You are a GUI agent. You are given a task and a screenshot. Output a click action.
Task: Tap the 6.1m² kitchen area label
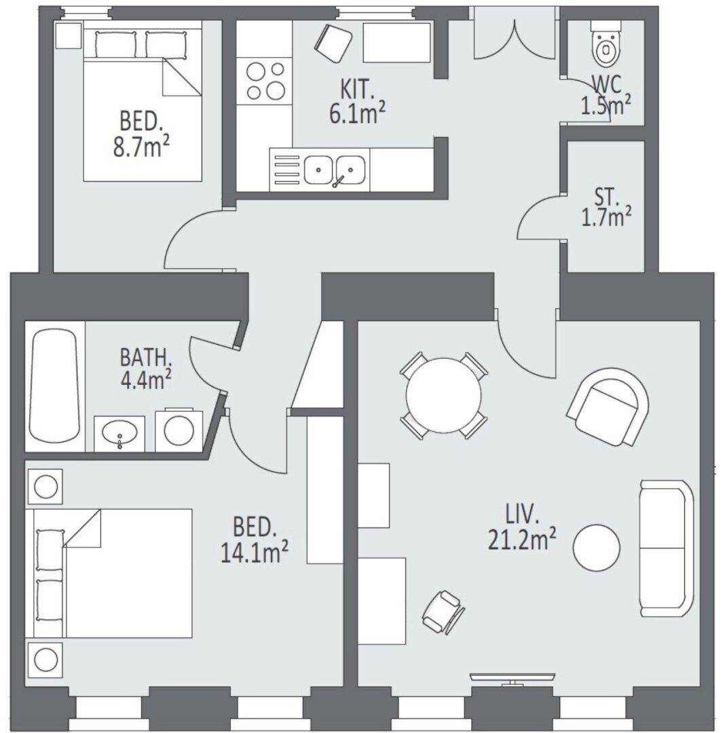click(x=357, y=113)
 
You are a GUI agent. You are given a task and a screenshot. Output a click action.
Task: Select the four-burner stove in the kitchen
click(x=265, y=81)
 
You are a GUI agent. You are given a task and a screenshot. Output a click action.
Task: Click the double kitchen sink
click(x=335, y=170)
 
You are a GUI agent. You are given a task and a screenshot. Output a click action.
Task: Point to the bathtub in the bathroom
click(x=54, y=386)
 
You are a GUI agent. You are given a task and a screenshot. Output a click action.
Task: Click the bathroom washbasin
click(x=119, y=434)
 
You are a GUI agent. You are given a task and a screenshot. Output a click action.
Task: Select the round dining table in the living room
click(x=443, y=395)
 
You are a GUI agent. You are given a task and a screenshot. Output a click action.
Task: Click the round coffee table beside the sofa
click(x=597, y=547)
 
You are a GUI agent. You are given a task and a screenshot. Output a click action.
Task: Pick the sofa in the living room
click(x=667, y=548)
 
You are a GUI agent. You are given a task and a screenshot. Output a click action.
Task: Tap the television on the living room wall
click(x=513, y=678)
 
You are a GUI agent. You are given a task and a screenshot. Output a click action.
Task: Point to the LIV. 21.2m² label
click(x=522, y=527)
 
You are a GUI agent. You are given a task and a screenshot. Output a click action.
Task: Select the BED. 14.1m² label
click(x=254, y=540)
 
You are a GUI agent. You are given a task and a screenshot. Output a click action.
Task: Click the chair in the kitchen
click(x=333, y=43)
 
